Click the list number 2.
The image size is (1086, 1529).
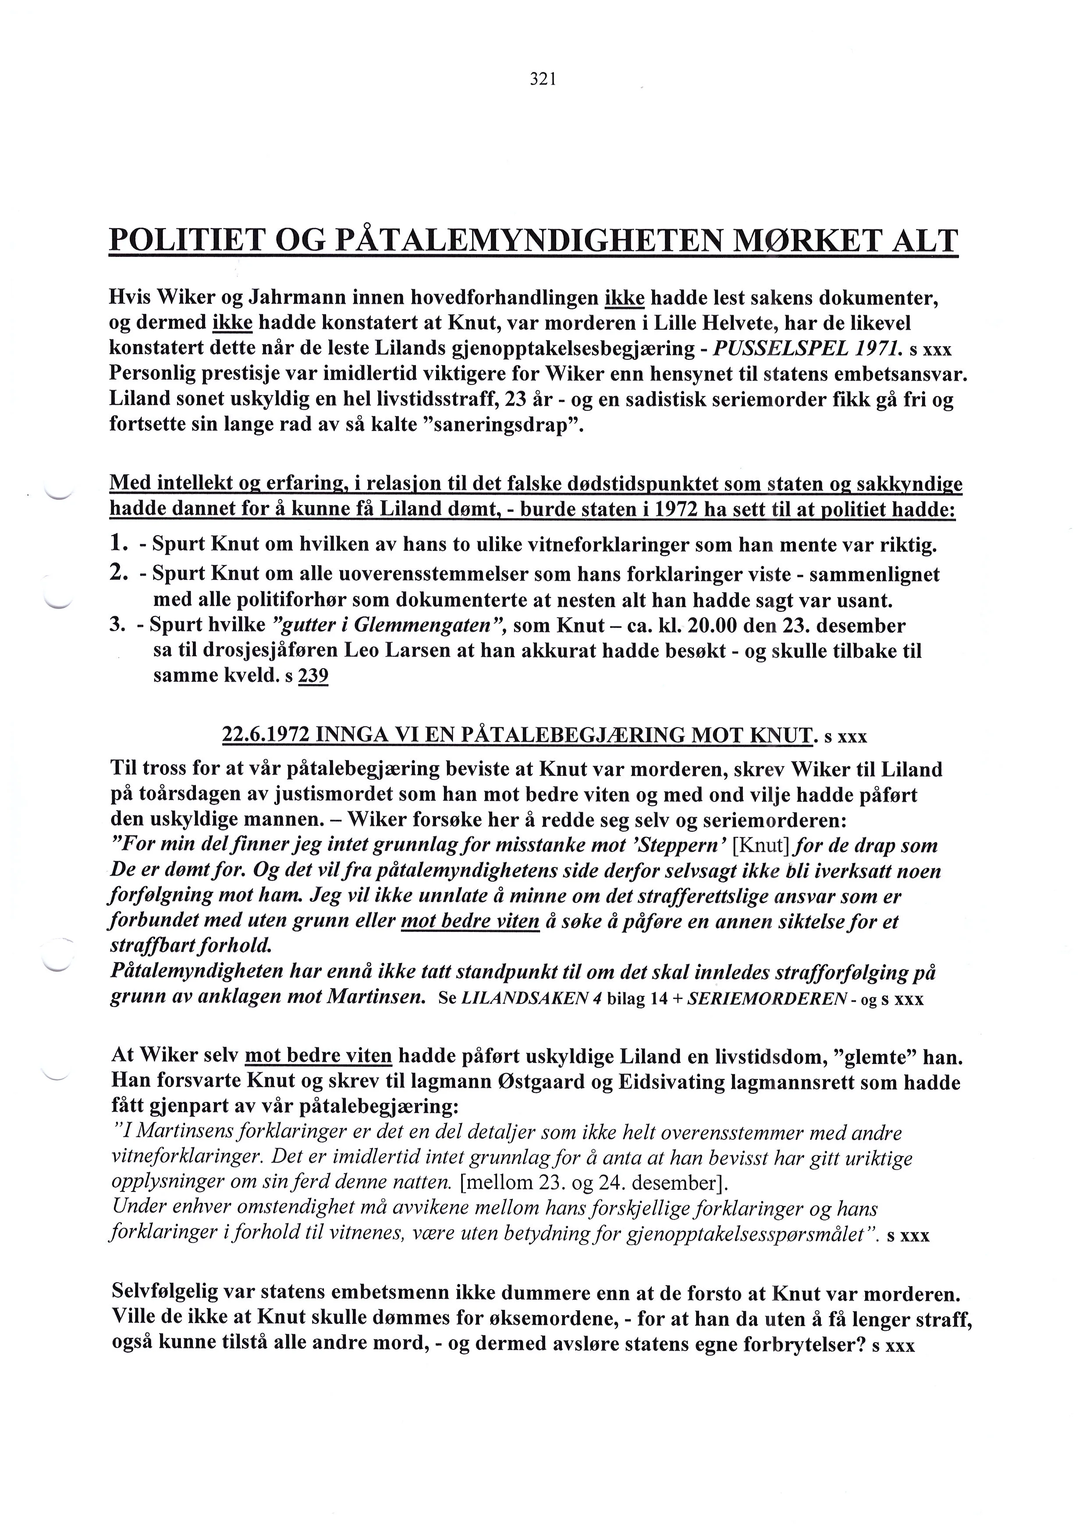pos(118,573)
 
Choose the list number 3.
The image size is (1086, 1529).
pos(118,626)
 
